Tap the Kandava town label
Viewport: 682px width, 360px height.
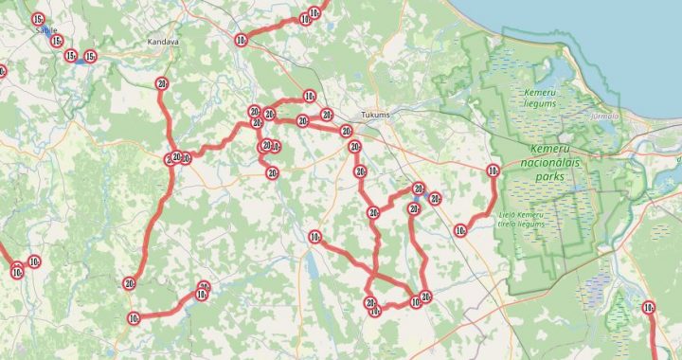pos(163,43)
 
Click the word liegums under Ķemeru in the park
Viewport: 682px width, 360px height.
pos(539,104)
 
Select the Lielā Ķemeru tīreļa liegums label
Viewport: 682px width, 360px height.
pos(521,220)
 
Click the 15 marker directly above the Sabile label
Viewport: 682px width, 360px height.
pos(38,19)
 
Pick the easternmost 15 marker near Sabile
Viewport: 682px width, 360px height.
pos(90,57)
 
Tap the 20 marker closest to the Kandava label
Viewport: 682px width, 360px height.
pos(162,84)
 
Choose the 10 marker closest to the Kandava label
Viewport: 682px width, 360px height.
pos(241,40)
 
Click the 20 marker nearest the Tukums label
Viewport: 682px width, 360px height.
pos(347,131)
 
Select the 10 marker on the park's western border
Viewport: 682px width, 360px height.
pos(492,171)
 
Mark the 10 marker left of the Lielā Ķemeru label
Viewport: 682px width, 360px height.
pos(460,230)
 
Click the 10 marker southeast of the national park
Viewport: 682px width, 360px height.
pos(649,307)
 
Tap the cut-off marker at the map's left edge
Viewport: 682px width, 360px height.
pos(1,71)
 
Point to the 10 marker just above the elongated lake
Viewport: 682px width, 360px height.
pos(314,237)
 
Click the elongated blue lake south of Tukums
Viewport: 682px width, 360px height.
pos(311,269)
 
